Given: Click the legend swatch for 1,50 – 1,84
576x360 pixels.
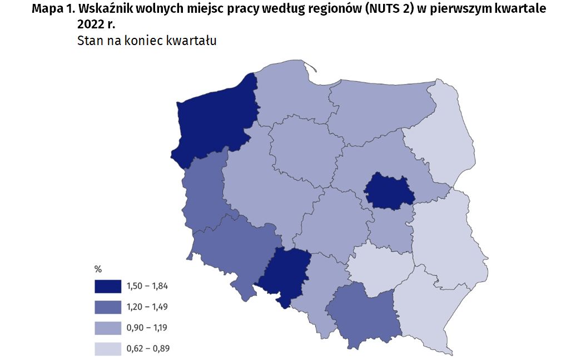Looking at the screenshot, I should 107,286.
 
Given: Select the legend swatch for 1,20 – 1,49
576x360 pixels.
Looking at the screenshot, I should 107,307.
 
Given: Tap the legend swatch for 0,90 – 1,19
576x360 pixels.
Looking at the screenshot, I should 107,328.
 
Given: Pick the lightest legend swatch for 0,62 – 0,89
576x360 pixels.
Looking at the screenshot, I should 107,349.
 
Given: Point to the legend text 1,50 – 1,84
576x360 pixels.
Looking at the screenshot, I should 147,286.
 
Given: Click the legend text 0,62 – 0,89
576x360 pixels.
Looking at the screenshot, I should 147,349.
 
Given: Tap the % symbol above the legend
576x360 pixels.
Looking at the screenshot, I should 98,269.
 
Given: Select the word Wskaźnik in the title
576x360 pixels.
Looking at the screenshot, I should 105,10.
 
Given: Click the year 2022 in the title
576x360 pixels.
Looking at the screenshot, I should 93,26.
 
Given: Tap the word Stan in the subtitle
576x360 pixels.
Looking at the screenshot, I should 89,41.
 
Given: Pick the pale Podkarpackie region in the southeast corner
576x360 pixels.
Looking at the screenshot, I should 425,306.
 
